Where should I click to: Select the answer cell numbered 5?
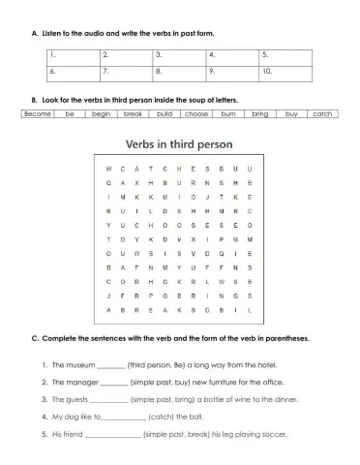(286, 55)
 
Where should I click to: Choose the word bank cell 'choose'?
(196, 114)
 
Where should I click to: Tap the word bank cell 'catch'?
(322, 114)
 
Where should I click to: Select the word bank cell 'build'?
(165, 114)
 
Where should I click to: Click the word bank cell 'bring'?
(259, 114)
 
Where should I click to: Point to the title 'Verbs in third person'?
(180, 145)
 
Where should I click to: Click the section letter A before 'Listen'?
(35, 33)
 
